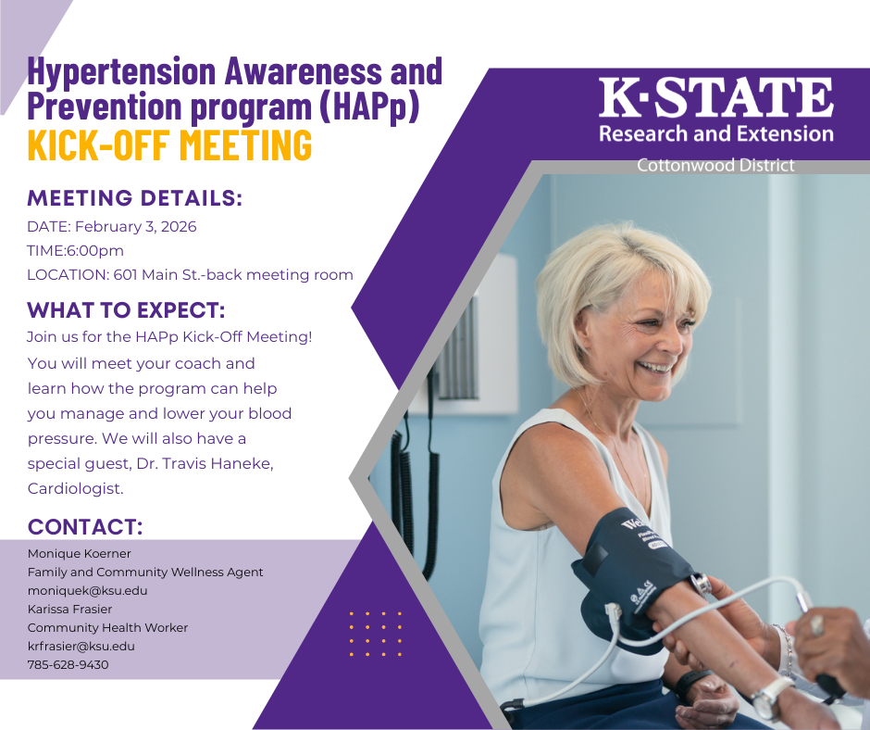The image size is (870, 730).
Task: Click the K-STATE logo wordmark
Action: coord(715,98)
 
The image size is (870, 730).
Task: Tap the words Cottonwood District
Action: coord(715,166)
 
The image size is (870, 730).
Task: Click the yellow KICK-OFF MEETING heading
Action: coord(169,145)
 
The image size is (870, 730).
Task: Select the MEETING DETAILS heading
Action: coord(135,198)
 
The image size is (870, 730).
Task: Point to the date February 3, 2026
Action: coord(135,227)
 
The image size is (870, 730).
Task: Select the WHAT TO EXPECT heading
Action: coord(126,310)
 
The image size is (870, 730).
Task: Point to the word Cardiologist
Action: coord(75,488)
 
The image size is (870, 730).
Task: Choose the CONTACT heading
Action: coord(85,527)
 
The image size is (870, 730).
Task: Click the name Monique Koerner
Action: coord(80,554)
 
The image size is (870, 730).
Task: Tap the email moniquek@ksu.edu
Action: coord(88,590)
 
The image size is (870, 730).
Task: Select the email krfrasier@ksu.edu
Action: coord(81,646)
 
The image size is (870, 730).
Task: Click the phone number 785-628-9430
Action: coord(68,664)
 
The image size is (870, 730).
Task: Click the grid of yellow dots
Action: coord(375,634)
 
